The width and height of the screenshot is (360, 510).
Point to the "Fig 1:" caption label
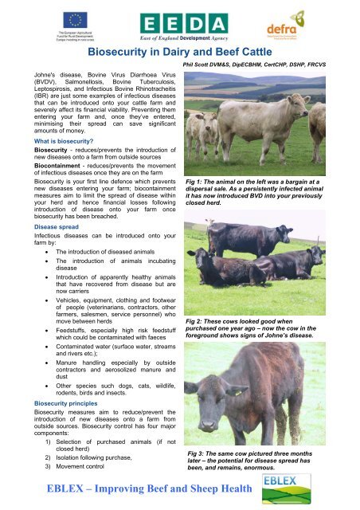(x=194, y=182)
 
